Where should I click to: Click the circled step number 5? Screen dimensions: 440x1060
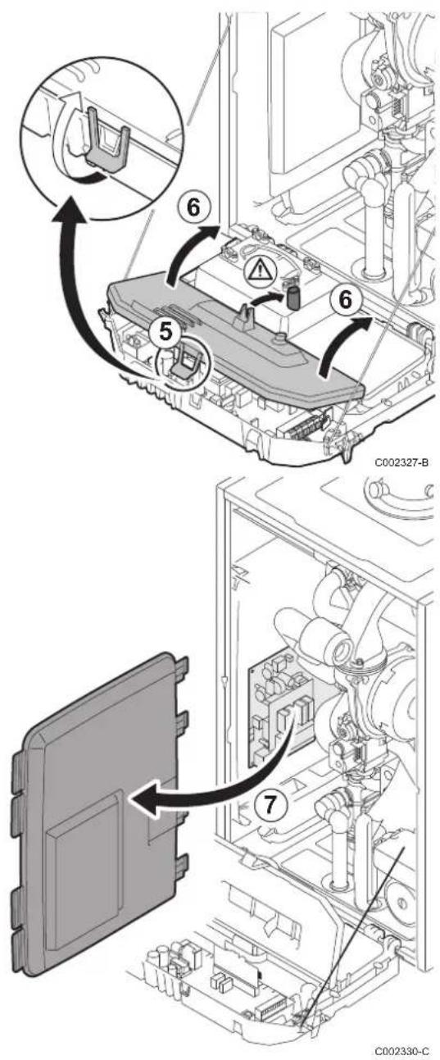[x=166, y=332]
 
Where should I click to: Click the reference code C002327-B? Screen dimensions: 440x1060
[x=401, y=462]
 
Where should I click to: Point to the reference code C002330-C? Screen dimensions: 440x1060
[x=401, y=1051]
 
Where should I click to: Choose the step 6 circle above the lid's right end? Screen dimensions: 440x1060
[x=347, y=299]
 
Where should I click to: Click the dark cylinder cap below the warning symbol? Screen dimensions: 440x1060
[x=293, y=296]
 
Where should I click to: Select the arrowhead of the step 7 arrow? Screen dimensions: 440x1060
[x=144, y=798]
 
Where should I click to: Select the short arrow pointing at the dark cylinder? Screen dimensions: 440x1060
[x=267, y=298]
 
